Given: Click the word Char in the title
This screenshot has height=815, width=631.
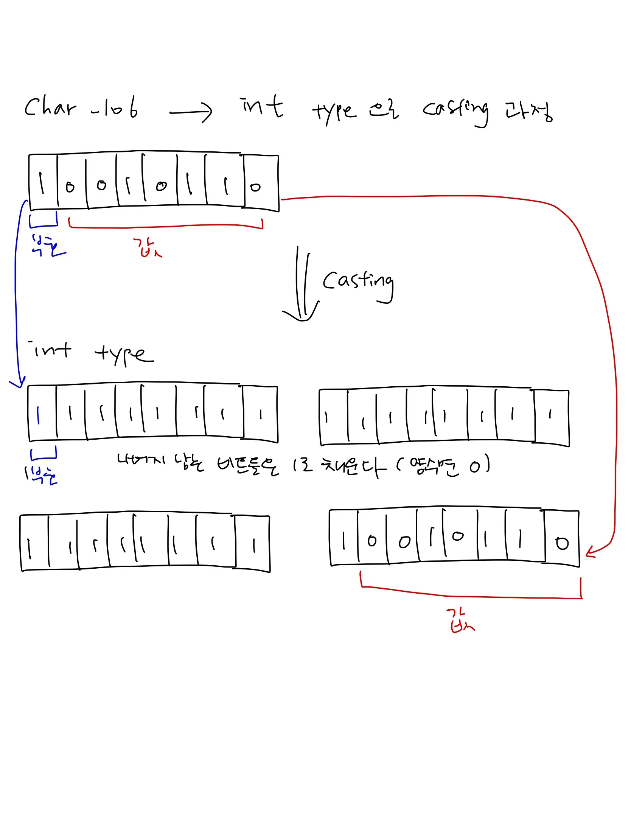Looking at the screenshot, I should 50,107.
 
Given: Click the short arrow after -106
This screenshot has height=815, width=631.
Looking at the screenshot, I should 191,112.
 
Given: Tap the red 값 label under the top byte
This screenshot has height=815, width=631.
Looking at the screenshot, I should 147,248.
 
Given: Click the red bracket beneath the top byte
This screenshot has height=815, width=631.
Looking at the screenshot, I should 165,226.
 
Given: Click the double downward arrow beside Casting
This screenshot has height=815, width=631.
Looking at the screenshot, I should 302,288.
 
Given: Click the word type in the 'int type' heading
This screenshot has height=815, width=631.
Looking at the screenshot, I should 124,355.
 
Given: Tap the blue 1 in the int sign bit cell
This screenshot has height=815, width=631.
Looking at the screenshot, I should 38,415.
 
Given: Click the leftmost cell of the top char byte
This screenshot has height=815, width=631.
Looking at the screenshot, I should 43,182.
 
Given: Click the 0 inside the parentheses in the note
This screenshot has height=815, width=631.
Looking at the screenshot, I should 475,467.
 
